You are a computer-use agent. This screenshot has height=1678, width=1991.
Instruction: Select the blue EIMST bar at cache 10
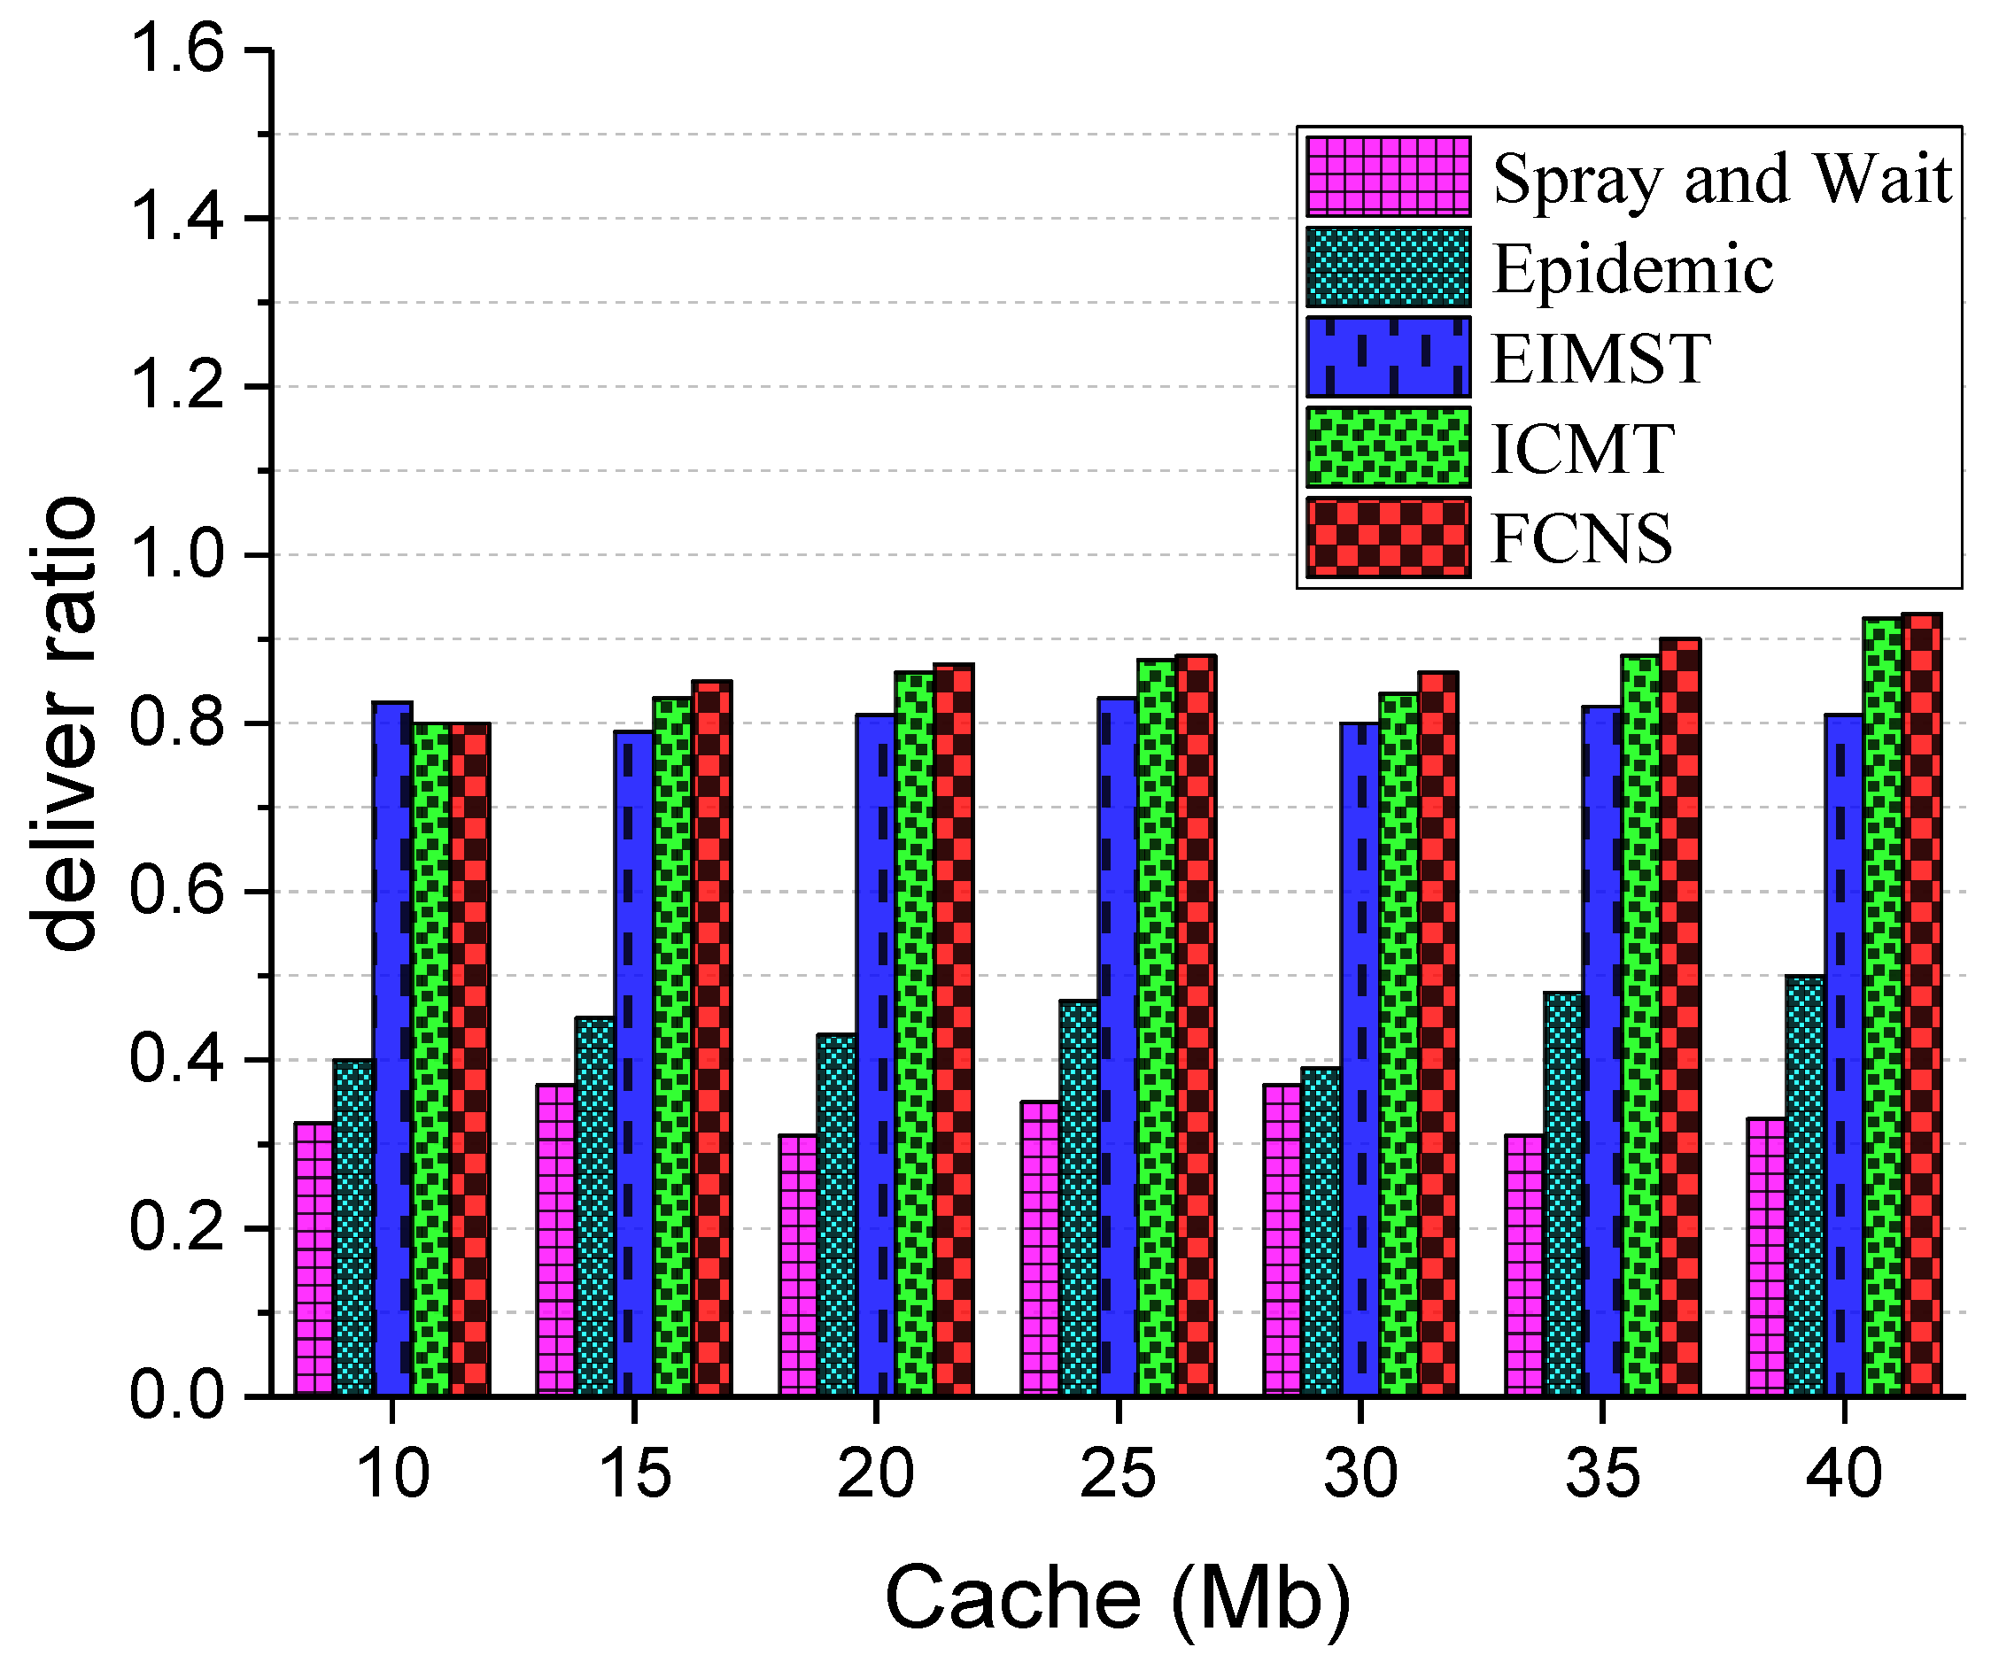[392, 1047]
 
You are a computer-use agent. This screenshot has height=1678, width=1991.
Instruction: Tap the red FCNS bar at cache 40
[1921, 1003]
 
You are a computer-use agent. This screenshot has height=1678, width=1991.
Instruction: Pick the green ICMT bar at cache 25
[1157, 1027]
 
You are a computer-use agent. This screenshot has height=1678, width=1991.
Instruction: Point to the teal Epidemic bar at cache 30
[1321, 1231]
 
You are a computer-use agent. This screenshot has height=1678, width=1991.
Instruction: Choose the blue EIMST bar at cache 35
[1603, 1050]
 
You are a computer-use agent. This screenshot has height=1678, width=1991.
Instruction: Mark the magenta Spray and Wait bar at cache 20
[798, 1264]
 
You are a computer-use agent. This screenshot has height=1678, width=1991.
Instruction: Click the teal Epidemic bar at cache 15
[594, 1206]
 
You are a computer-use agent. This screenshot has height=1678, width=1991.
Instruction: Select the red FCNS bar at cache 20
[953, 1029]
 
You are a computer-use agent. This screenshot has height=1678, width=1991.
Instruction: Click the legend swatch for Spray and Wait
[1388, 177]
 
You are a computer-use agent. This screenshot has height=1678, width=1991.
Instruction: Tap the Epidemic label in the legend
[1632, 268]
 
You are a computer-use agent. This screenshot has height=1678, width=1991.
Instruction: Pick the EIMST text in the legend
[1601, 359]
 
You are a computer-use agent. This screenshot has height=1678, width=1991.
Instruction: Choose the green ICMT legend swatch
[1388, 447]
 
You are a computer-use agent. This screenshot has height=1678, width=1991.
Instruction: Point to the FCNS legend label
[1581, 538]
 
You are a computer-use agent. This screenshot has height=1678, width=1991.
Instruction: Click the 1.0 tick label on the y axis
[176, 554]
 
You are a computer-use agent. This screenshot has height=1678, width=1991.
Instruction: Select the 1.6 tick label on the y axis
[176, 50]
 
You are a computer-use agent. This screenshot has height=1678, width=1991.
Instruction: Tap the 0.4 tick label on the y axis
[176, 1059]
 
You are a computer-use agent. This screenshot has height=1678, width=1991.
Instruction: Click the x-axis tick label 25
[1118, 1473]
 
